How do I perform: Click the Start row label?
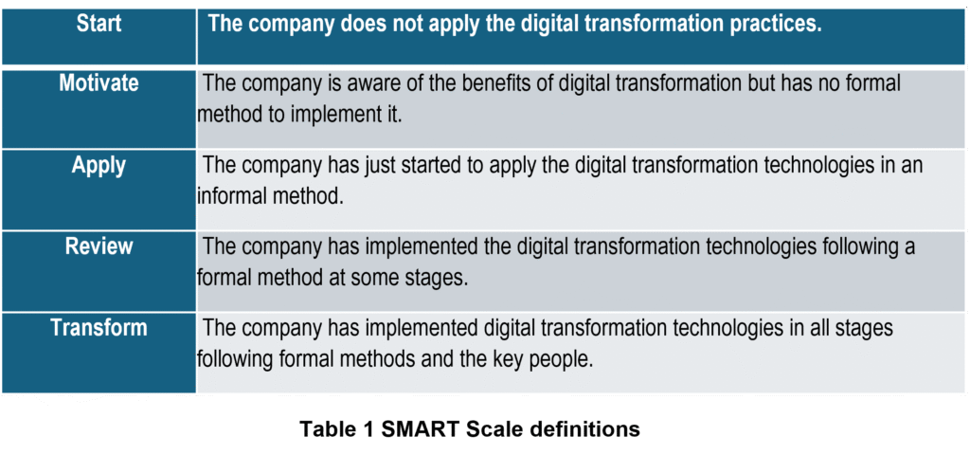(x=99, y=24)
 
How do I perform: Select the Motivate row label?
(x=99, y=83)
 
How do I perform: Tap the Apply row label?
(x=99, y=165)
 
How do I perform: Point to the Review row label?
(x=99, y=246)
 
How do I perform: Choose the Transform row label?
(x=99, y=327)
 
